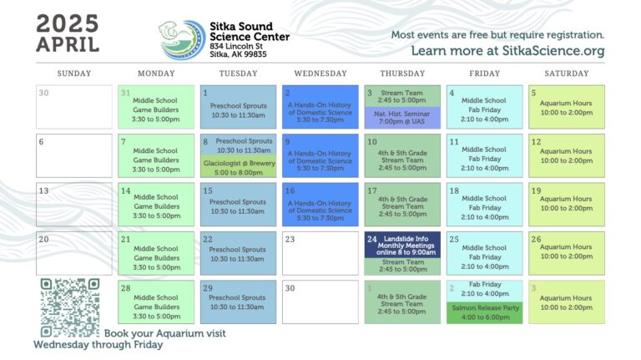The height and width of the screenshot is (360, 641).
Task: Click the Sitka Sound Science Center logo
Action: [x=182, y=40]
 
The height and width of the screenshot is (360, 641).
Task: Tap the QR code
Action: [x=70, y=307]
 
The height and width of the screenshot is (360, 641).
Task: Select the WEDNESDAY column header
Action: [x=320, y=74]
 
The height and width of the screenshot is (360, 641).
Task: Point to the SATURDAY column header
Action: [x=567, y=74]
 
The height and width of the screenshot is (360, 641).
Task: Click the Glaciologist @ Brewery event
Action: [x=239, y=166]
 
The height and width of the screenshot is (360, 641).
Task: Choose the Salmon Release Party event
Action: [x=485, y=313]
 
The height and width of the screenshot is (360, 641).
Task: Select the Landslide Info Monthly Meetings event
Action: [x=402, y=245]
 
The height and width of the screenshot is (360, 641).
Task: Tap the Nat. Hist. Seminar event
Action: [x=402, y=118]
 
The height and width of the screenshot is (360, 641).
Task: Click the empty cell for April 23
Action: [x=320, y=253]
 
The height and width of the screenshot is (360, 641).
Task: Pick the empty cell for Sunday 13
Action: [x=74, y=205]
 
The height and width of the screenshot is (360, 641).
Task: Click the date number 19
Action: [x=536, y=190]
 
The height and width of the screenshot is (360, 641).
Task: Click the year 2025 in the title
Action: [x=68, y=23]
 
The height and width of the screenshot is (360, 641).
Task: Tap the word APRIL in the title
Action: [x=68, y=44]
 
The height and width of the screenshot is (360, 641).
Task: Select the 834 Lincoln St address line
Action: [x=236, y=46]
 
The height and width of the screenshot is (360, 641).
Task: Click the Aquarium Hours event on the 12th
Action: [x=567, y=156]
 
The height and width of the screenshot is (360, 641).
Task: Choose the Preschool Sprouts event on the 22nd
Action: [x=239, y=253]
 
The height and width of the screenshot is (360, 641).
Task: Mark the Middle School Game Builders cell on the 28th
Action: [x=156, y=302]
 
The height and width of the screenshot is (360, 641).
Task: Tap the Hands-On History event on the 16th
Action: [x=320, y=205]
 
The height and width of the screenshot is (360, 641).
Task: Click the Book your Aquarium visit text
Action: [x=164, y=333]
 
